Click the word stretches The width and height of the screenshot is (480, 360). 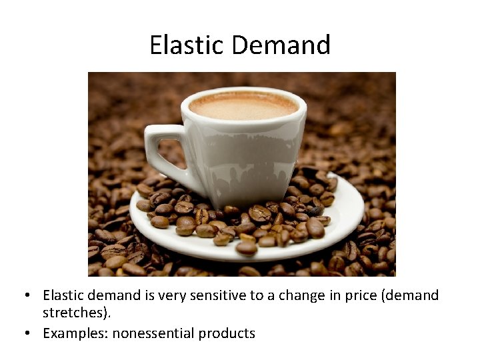71,313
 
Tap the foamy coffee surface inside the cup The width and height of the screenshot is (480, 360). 243,105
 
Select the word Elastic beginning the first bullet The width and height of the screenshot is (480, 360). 64,295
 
